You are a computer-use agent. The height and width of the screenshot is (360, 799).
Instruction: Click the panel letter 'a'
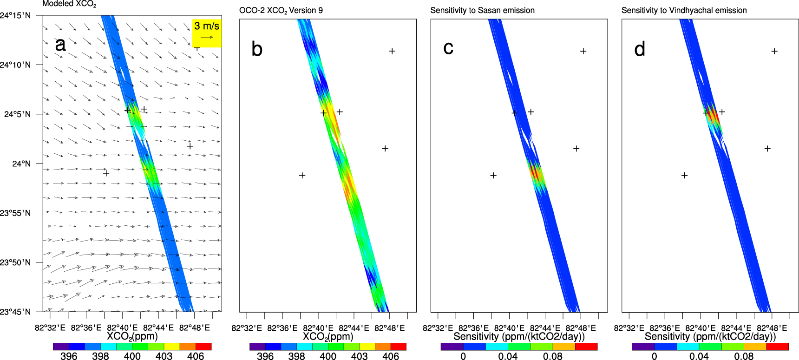60,45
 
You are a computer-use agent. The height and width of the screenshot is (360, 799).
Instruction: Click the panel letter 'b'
257,49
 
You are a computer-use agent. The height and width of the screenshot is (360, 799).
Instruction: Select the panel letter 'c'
448,48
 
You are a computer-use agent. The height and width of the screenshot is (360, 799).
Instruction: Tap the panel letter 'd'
640,49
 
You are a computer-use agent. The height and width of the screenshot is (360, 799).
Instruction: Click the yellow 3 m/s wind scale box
207,33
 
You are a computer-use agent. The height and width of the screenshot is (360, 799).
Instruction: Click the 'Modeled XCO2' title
69,4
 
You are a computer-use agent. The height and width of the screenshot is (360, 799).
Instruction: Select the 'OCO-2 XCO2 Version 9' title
281,11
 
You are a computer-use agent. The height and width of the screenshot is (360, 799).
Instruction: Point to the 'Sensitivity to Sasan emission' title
482,10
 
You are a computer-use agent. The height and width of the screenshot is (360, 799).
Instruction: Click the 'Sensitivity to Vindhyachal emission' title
684,10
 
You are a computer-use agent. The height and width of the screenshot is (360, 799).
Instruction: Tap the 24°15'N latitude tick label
15,15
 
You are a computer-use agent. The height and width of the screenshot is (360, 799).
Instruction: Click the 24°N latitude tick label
21,164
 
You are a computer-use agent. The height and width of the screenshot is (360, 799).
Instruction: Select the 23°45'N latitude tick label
15,312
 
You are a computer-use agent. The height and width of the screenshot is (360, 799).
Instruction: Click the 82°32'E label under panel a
50,327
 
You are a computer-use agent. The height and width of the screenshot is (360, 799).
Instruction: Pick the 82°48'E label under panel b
389,328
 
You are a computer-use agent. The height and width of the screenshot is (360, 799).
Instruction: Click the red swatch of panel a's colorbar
203,347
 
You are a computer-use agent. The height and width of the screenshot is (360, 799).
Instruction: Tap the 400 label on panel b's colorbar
328,356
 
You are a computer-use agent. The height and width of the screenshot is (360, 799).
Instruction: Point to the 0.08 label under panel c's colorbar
553,356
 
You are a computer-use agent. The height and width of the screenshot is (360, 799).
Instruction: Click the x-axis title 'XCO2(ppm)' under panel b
328,337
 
